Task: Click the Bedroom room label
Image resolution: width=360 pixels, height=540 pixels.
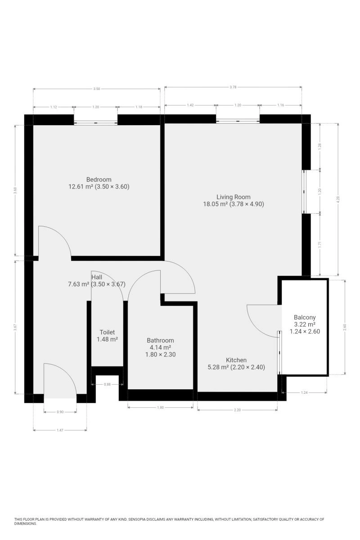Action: pos(99,180)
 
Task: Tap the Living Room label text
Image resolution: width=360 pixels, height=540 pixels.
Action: pos(233,197)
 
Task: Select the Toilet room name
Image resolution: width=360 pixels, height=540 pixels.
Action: pos(107,332)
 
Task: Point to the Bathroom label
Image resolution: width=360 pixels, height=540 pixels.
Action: pos(160,340)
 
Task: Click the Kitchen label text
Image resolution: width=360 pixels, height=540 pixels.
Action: pos(236,360)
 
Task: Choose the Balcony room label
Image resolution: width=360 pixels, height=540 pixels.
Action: pos(305,318)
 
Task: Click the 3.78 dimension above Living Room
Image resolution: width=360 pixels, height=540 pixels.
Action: pos(233,87)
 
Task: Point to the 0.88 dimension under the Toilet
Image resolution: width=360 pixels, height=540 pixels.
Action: pos(107,384)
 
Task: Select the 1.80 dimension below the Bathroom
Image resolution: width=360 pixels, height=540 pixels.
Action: pos(160,407)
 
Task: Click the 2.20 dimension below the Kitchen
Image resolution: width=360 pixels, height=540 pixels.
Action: pos(237,410)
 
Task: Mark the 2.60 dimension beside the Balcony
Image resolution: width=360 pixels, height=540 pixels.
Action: pos(345,327)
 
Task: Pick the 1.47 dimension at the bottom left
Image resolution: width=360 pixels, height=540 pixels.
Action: pos(60,430)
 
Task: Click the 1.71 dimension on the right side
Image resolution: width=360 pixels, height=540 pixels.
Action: pos(320,245)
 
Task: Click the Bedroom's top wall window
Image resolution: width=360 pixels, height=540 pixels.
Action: pos(95,123)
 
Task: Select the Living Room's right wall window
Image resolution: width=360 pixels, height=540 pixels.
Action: pos(304,192)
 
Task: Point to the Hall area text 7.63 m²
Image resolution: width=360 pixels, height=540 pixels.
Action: pos(79,284)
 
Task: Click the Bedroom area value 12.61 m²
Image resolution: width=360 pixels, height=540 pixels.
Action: pos(81,187)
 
